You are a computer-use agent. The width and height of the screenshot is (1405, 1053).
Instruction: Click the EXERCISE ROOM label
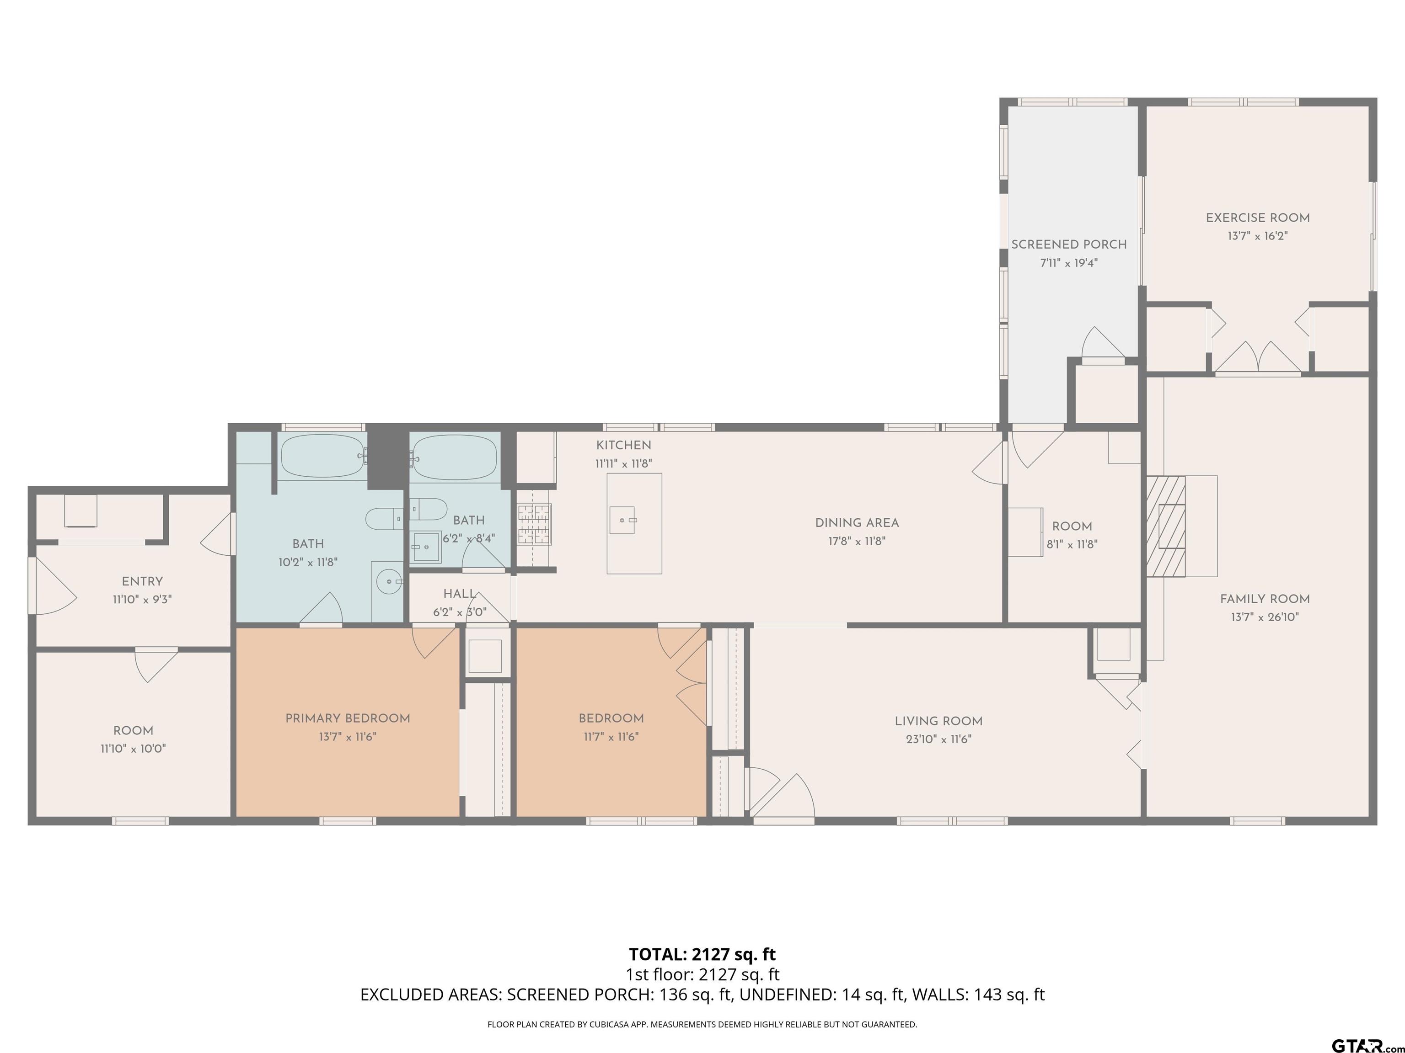[1258, 218]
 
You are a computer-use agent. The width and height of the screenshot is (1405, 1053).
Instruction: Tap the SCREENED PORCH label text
[1069, 245]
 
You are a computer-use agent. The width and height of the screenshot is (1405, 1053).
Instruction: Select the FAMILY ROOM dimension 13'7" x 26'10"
[1265, 617]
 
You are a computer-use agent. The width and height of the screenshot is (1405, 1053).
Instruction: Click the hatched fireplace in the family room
[1166, 526]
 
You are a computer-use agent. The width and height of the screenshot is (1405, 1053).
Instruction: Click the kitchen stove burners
[534, 524]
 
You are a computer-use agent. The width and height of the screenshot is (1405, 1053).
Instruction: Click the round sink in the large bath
[389, 581]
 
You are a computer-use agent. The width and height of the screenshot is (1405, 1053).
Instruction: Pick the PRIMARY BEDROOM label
[348, 718]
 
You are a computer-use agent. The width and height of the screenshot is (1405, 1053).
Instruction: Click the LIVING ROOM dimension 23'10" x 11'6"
[939, 739]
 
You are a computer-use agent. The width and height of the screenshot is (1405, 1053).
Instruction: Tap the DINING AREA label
[857, 523]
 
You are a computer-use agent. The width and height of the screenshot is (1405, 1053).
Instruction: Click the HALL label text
[459, 594]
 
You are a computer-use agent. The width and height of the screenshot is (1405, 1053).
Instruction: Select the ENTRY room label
[142, 581]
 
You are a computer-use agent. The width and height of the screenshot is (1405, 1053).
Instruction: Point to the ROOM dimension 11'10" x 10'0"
[134, 748]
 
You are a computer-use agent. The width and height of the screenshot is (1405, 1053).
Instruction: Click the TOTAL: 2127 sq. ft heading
[702, 954]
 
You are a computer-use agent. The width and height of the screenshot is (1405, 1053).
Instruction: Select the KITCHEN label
[623, 446]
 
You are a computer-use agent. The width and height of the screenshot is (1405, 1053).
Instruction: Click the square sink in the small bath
[426, 547]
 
